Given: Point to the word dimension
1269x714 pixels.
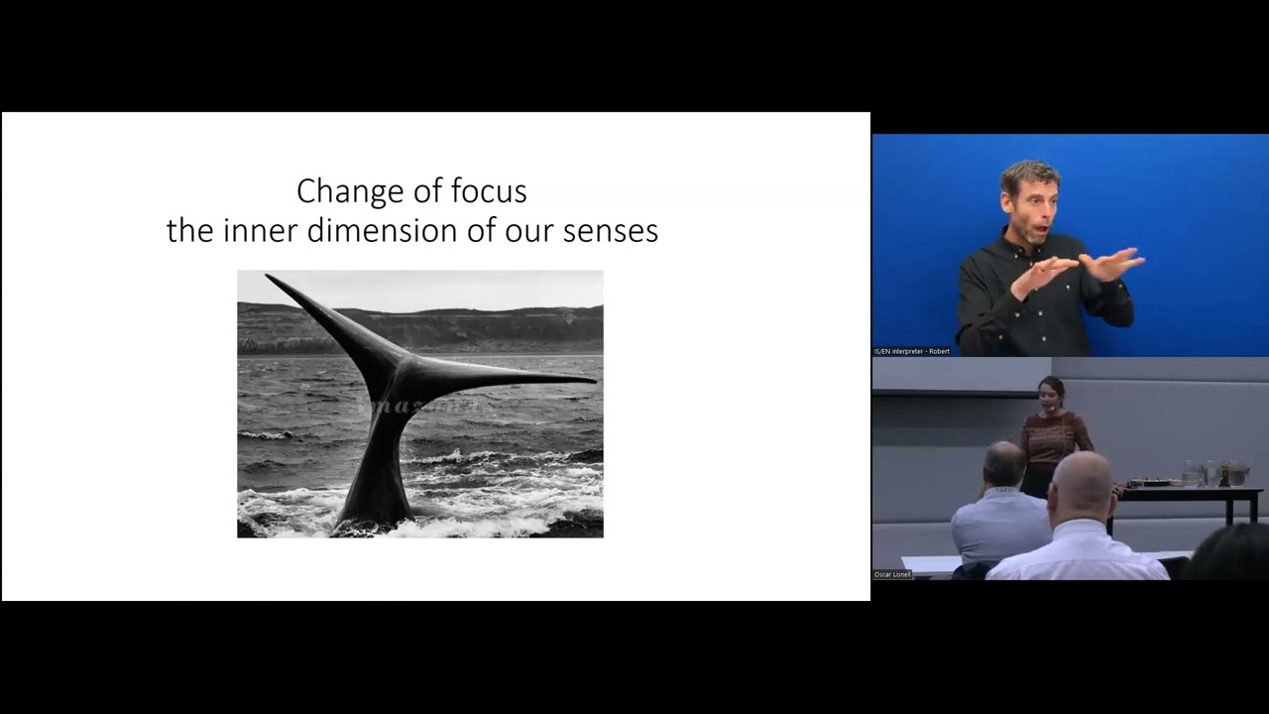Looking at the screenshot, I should click(x=374, y=231).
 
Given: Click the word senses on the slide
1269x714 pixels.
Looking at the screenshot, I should click(x=611, y=231).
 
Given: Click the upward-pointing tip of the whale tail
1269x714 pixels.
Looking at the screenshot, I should click(x=270, y=278).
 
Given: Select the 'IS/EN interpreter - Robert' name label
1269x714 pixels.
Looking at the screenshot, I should click(x=911, y=351).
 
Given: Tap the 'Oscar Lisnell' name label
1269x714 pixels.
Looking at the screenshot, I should click(x=892, y=574).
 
